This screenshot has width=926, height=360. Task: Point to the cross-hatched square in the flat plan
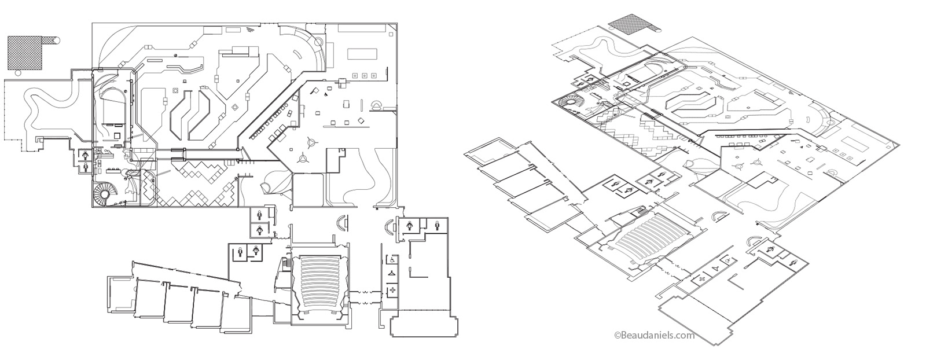point(26,51)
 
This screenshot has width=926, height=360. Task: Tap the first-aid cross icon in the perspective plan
point(702,279)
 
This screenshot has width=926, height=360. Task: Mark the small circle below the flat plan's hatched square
point(17,74)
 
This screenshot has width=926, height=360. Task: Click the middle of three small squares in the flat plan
point(365,75)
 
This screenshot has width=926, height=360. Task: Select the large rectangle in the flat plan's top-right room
point(362,54)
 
